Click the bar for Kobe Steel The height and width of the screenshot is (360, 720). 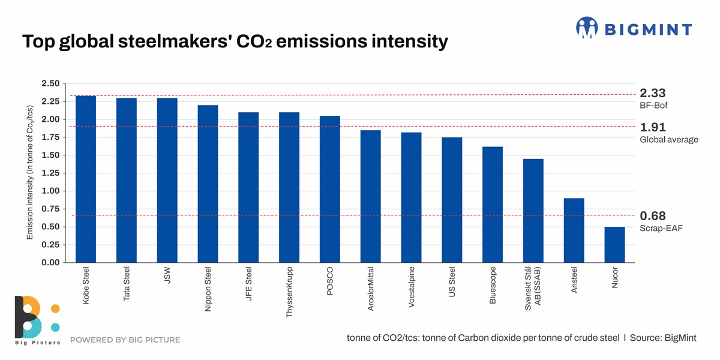point(86,179)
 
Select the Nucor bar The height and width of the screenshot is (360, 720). point(614,245)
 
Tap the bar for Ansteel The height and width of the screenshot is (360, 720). point(574,230)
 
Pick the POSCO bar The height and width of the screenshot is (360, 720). point(330,189)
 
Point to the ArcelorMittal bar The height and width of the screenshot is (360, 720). point(370,196)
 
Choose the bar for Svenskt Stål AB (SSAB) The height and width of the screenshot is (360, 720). point(533,211)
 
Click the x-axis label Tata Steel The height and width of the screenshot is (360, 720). point(127,284)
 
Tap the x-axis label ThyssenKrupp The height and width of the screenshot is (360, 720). point(290,292)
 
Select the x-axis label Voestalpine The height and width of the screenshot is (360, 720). point(412,287)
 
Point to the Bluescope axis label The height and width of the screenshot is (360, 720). point(493,286)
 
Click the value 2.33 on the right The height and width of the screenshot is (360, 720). point(653,93)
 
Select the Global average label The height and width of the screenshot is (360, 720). point(669,140)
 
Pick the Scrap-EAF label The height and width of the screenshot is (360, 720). point(661,229)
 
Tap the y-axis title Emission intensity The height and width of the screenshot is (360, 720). point(29,173)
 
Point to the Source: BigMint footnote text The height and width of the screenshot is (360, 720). point(663,338)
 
